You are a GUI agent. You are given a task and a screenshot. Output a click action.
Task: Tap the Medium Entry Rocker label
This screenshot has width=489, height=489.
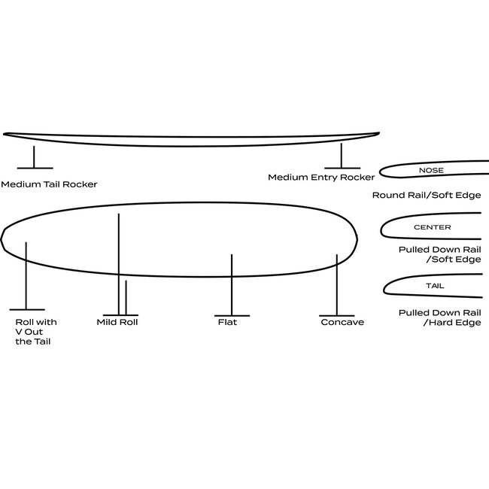[321, 178]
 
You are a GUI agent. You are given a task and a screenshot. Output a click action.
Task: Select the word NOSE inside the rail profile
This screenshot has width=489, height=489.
[431, 171]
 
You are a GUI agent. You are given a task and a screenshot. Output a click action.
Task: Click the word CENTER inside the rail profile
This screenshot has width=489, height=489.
[432, 227]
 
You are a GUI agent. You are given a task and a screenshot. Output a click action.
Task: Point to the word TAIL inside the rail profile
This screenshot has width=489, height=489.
[435, 287]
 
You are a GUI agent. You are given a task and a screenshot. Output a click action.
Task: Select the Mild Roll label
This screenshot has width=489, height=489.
[117, 322]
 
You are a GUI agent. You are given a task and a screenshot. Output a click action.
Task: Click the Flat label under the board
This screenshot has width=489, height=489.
[226, 322]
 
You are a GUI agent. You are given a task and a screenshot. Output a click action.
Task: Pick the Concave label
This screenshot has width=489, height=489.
[342, 322]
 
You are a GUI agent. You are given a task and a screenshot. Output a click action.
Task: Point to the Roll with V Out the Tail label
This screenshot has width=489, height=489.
[35, 332]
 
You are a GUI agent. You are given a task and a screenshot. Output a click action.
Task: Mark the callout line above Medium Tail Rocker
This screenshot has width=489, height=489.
[33, 156]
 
